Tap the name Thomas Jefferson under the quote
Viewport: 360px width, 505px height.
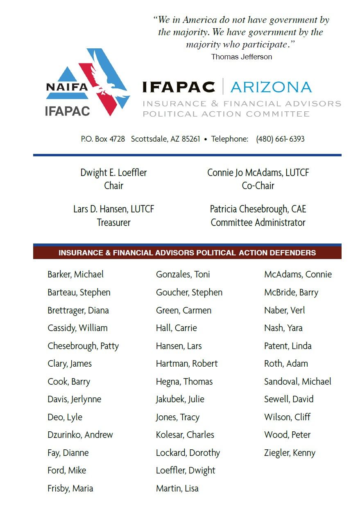click(x=241, y=57)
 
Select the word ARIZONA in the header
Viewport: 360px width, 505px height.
click(x=271, y=87)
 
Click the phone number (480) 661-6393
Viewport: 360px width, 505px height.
click(x=280, y=139)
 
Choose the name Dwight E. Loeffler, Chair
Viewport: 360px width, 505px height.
click(x=113, y=173)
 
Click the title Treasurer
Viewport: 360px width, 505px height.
click(x=113, y=223)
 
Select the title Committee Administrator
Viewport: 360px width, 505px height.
click(x=258, y=223)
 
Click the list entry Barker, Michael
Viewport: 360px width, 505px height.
click(x=75, y=275)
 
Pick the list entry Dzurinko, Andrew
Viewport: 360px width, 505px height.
click(x=80, y=435)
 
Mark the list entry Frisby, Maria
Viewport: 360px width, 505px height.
click(x=70, y=488)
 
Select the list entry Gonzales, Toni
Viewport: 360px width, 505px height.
click(x=183, y=275)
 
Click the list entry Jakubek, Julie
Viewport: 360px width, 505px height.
click(x=180, y=399)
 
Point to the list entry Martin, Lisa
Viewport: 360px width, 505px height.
click(x=177, y=488)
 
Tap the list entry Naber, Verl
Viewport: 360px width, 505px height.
click(x=284, y=310)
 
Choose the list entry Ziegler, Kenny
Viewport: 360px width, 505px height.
click(x=290, y=453)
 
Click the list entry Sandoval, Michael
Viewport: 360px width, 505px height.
click(x=297, y=381)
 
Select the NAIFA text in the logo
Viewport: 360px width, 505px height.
click(x=67, y=87)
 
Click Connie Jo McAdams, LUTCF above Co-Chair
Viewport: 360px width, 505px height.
click(x=258, y=173)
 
